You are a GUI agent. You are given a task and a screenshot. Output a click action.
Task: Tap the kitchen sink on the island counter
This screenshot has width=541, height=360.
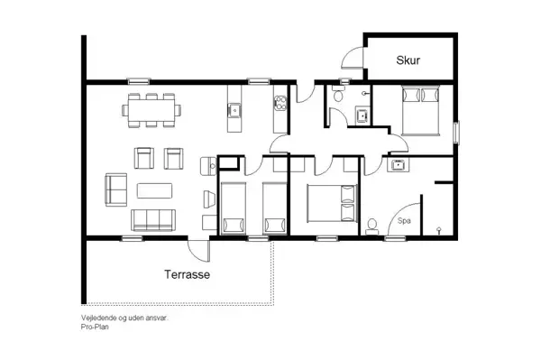click(234, 112)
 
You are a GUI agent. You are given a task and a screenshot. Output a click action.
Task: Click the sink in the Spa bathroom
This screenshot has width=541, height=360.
click(397, 164)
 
